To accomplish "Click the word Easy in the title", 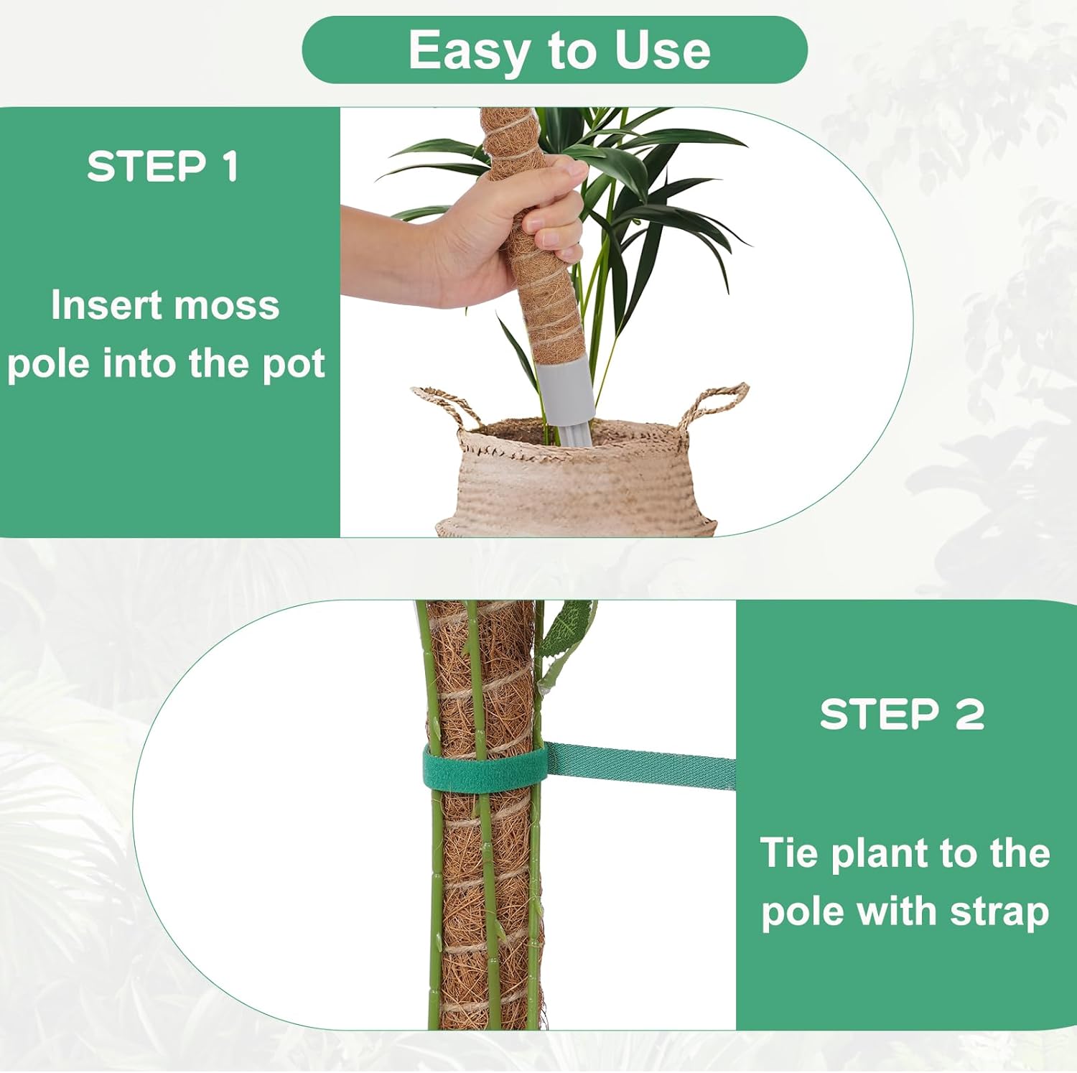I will [470, 51].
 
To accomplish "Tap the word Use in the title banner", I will [662, 51].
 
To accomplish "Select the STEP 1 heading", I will [163, 167].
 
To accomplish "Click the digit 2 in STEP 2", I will [969, 715].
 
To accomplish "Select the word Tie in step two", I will [788, 853].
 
